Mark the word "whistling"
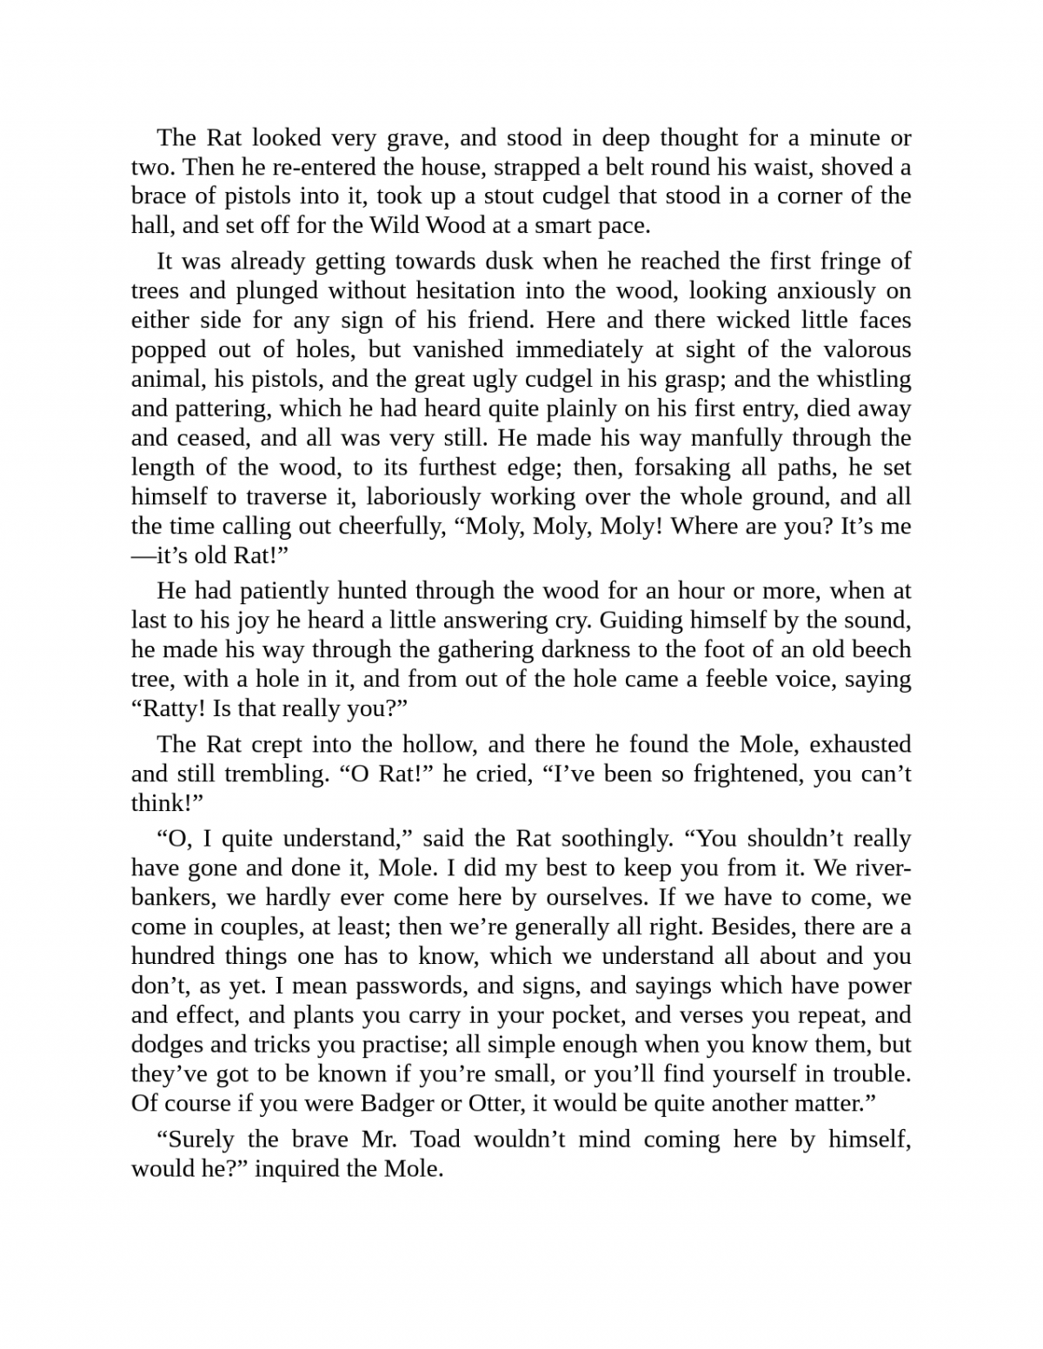click(857, 380)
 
